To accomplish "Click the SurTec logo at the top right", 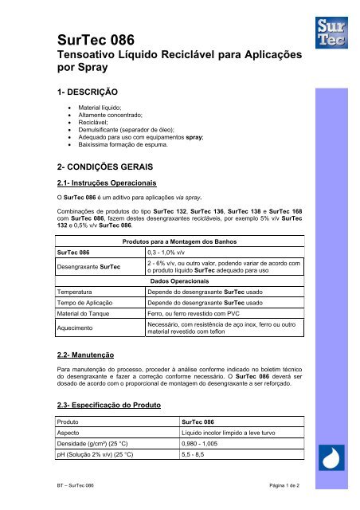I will coord(328,29).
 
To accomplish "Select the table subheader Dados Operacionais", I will coord(185,304).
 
